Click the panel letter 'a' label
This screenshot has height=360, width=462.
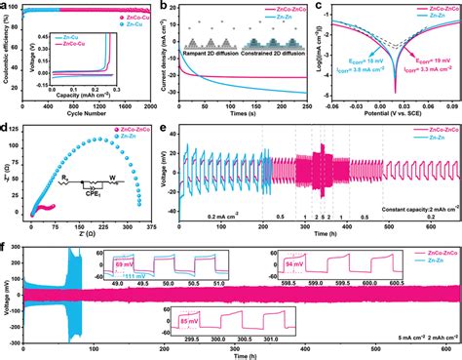click(x=7, y=6)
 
